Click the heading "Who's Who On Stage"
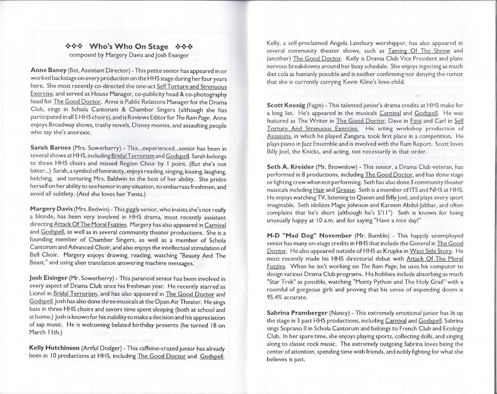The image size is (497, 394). tap(129, 47)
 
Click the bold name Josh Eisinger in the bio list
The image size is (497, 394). tap(49, 278)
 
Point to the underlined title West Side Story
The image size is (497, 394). tap(431, 251)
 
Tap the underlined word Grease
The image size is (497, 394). tap(346, 190)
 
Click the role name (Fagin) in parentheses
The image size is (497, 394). tap(324, 105)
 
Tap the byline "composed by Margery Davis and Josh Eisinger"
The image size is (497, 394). tap(129, 55)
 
